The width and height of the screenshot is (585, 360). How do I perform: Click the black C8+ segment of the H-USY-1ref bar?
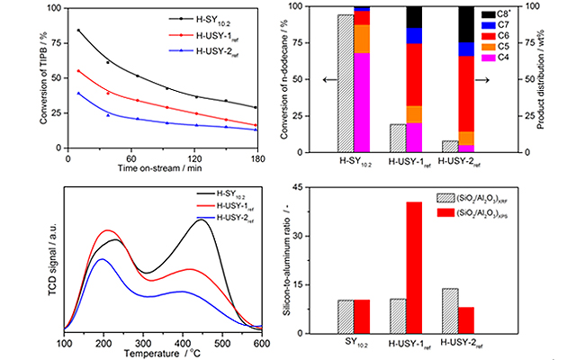(414, 16)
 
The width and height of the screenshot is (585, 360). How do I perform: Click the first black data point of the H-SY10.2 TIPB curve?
(78, 31)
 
